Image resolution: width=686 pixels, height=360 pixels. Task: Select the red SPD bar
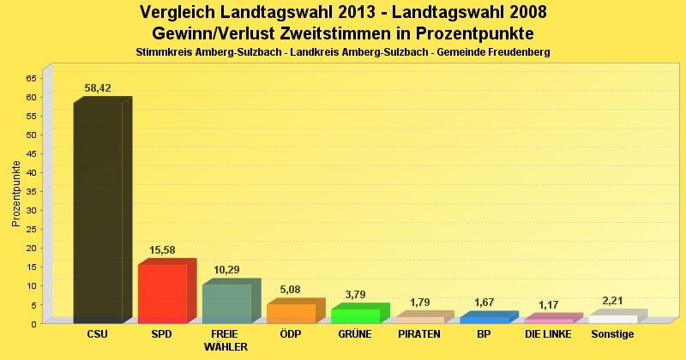(x=162, y=294)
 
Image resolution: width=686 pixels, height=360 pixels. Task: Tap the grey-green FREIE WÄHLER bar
(x=226, y=303)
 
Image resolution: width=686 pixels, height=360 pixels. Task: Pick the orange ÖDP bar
(x=291, y=314)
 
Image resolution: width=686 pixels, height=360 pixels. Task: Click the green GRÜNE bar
(x=355, y=315)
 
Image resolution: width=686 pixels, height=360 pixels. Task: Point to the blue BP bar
(x=484, y=320)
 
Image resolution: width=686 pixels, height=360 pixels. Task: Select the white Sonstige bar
(x=612, y=319)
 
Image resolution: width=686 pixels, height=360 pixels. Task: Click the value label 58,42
(x=98, y=87)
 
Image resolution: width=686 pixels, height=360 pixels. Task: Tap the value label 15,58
(x=162, y=249)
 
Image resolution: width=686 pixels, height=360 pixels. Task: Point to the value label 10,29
(x=226, y=269)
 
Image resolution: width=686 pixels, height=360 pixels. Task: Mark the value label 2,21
(x=612, y=300)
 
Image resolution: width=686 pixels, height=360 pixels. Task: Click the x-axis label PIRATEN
(x=419, y=334)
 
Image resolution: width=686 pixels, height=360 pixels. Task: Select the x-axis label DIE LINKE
(x=548, y=334)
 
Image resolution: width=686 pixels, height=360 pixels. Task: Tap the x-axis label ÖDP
(x=291, y=334)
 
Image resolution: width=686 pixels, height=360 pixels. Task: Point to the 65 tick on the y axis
(x=31, y=78)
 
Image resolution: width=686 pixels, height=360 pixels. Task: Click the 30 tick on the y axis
(x=31, y=210)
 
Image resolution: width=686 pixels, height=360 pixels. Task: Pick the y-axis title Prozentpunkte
(x=15, y=193)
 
